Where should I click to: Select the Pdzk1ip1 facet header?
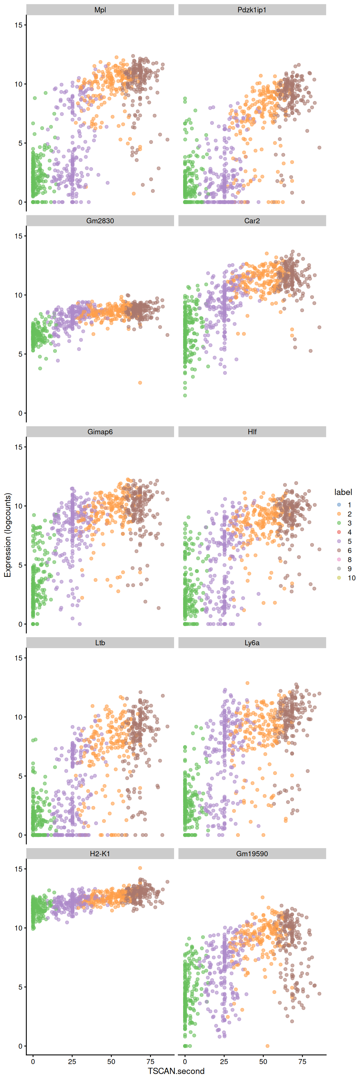pyautogui.click(x=252, y=10)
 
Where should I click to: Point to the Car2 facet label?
pyautogui.click(x=252, y=221)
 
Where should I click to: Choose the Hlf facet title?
pyautogui.click(x=252, y=432)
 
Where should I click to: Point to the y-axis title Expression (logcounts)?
pyautogui.click(x=7, y=535)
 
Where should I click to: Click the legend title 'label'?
pyautogui.click(x=343, y=492)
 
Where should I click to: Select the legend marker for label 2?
pyautogui.click(x=339, y=514)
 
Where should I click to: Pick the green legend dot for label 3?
pyautogui.click(x=339, y=523)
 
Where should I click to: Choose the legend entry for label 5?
pyautogui.click(x=339, y=541)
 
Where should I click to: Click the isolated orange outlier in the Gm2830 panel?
pyautogui.click(x=140, y=383)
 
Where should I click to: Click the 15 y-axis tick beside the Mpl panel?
pyautogui.click(x=18, y=25)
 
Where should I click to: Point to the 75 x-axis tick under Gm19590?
pyautogui.click(x=302, y=1062)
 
